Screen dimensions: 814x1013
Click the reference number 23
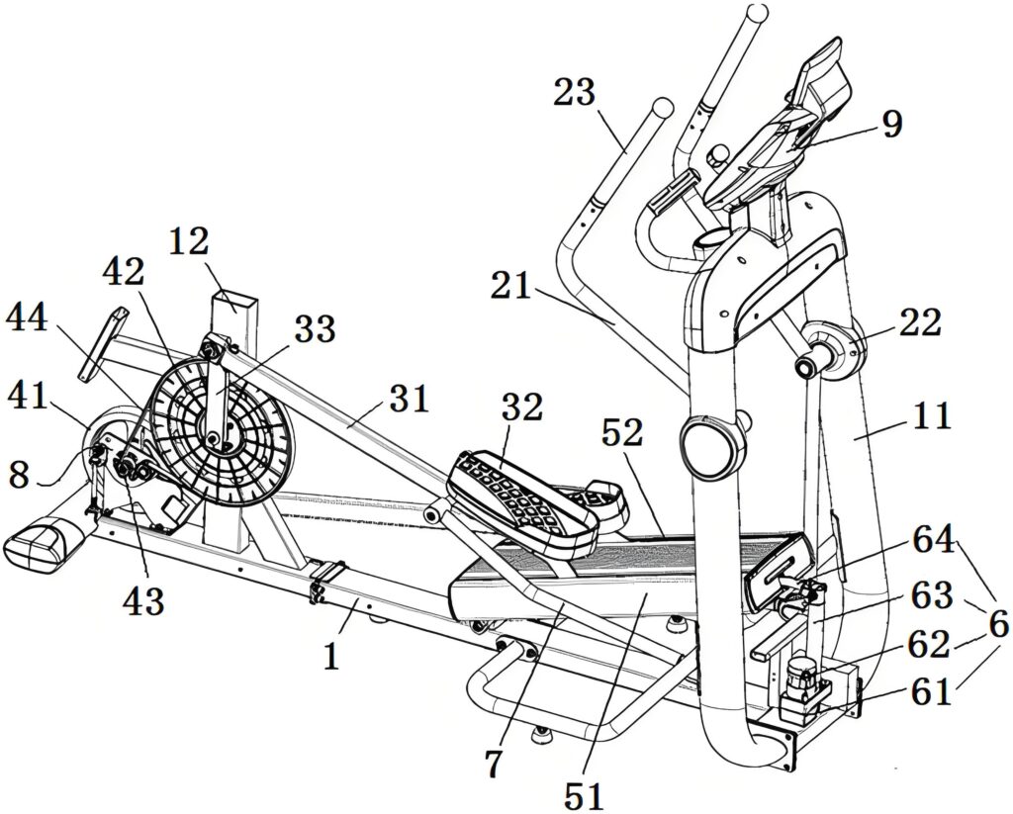[575, 93]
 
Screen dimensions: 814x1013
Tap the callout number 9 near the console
[892, 125]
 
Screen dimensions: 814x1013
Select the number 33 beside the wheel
[315, 329]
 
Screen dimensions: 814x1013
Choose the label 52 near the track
[621, 432]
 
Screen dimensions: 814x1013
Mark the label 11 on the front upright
[930, 416]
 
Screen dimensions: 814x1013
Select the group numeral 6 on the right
[997, 624]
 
